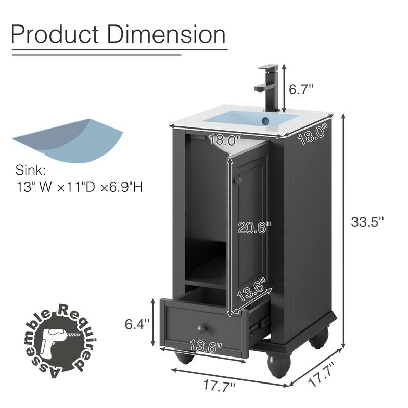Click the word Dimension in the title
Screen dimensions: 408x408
click(169, 35)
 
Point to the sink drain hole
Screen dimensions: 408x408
click(266, 120)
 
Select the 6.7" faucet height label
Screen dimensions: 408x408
click(301, 89)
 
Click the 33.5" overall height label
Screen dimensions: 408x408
click(367, 222)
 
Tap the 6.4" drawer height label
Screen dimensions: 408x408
click(138, 323)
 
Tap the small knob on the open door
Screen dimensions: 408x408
click(236, 181)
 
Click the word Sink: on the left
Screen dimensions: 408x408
click(30, 170)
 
